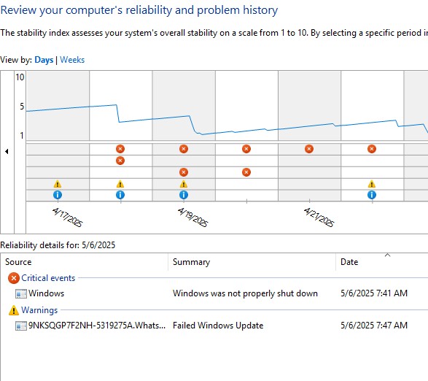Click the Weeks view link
[x=72, y=60]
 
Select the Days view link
[x=44, y=60]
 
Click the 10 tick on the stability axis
[x=20, y=77]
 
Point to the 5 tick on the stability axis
[x=22, y=106]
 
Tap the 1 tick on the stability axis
[x=22, y=135]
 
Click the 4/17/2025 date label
[x=67, y=217]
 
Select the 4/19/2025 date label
[x=192, y=217]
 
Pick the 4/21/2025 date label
[x=319, y=217]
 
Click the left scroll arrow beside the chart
[x=7, y=151]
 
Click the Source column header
[x=18, y=262]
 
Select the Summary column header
[x=191, y=262]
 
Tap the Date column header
[x=349, y=262]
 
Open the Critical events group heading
[x=48, y=278]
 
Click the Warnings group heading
[x=39, y=310]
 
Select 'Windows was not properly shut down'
[x=245, y=293]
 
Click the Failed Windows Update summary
[x=218, y=326]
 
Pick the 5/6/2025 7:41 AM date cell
[x=374, y=293]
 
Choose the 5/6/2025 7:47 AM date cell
[x=374, y=326]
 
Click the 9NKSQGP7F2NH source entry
[x=97, y=326]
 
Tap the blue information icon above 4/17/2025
[x=58, y=195]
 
